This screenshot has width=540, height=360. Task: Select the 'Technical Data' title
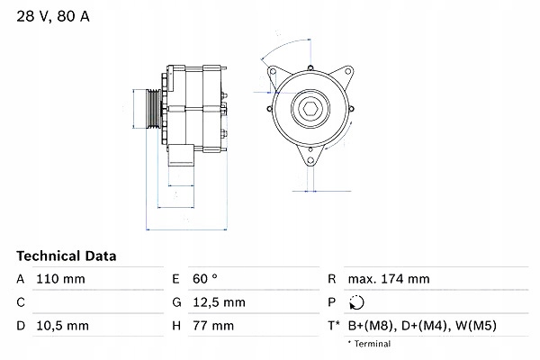coord(67,256)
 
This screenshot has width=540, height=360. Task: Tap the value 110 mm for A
coord(60,279)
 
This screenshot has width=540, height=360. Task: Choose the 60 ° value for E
coord(204,279)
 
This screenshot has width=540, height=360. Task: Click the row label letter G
coord(176,302)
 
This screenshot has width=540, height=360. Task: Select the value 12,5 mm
coord(220,302)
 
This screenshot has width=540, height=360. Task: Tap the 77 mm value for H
coord(212,325)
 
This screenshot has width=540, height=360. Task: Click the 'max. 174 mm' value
coord(391,279)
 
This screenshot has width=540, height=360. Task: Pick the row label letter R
coord(332,279)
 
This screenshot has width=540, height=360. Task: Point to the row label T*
coord(334,325)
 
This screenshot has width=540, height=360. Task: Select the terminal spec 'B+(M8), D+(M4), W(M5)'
coord(424,325)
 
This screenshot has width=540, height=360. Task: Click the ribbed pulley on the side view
coord(149,111)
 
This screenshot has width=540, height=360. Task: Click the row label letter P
coord(332,302)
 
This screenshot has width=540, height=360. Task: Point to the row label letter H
coord(176,325)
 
